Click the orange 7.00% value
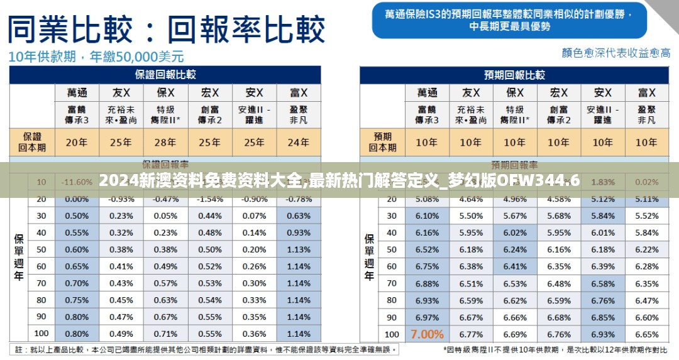click(427, 334)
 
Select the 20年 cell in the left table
click(77, 142)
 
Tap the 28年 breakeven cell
click(165, 142)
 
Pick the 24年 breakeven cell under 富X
click(298, 142)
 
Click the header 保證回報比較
click(165, 75)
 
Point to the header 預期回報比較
click(514, 75)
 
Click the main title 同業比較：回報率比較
click(167, 28)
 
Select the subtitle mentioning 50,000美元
click(96, 57)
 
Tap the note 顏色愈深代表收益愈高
click(616, 53)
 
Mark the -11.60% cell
click(77, 182)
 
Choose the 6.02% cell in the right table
click(514, 232)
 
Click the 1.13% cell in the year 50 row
click(298, 249)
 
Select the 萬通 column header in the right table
click(427, 92)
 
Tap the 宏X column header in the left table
click(210, 92)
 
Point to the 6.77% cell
click(471, 334)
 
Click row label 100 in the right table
click(392, 334)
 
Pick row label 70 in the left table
click(41, 283)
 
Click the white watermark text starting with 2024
click(339, 181)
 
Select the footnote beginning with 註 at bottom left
click(205, 349)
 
